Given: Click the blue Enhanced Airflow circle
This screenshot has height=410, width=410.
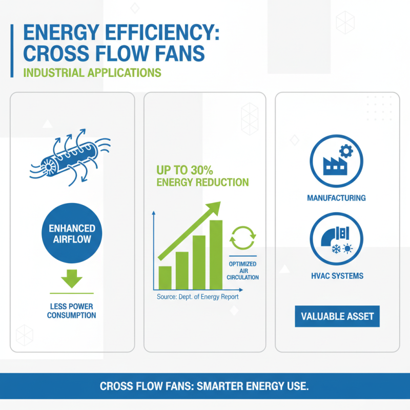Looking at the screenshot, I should coord(72,234).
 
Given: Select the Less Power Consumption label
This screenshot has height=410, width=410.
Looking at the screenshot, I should coord(72,311).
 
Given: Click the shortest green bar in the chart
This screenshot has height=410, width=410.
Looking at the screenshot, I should coord(165,277).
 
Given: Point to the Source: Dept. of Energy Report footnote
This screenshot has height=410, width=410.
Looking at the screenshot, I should coord(197,297).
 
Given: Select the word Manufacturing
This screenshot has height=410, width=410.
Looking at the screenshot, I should coord(337,197).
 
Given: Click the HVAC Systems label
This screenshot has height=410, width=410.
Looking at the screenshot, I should coord(337,276).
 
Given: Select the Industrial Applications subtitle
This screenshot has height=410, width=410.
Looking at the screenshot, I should coord(93,72).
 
